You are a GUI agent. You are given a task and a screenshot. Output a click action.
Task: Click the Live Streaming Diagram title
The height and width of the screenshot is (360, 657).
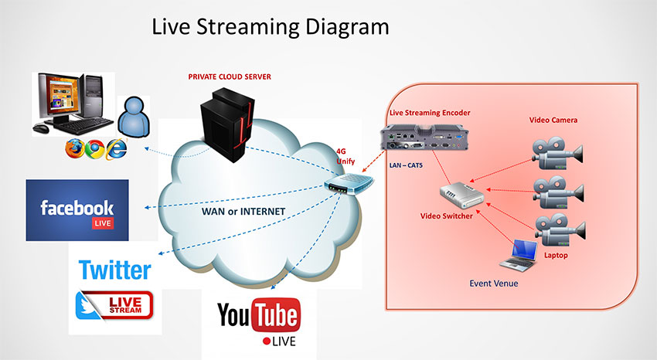(x=270, y=28)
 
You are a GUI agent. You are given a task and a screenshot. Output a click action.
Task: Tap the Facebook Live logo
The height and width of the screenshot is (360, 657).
(x=77, y=210)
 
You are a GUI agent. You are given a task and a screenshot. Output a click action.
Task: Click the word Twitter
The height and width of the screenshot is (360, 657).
(x=114, y=270)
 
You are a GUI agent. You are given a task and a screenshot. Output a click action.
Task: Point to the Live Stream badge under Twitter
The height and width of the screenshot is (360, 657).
(x=114, y=305)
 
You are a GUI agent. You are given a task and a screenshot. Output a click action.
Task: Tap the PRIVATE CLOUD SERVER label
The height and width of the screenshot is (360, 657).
(x=230, y=77)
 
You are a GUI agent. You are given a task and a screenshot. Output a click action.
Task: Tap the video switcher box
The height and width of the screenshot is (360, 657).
(x=461, y=196)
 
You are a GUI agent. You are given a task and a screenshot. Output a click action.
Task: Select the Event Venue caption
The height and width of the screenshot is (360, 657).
(x=494, y=283)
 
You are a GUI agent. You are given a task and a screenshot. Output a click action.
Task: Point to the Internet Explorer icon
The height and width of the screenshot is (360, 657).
(x=117, y=147)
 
